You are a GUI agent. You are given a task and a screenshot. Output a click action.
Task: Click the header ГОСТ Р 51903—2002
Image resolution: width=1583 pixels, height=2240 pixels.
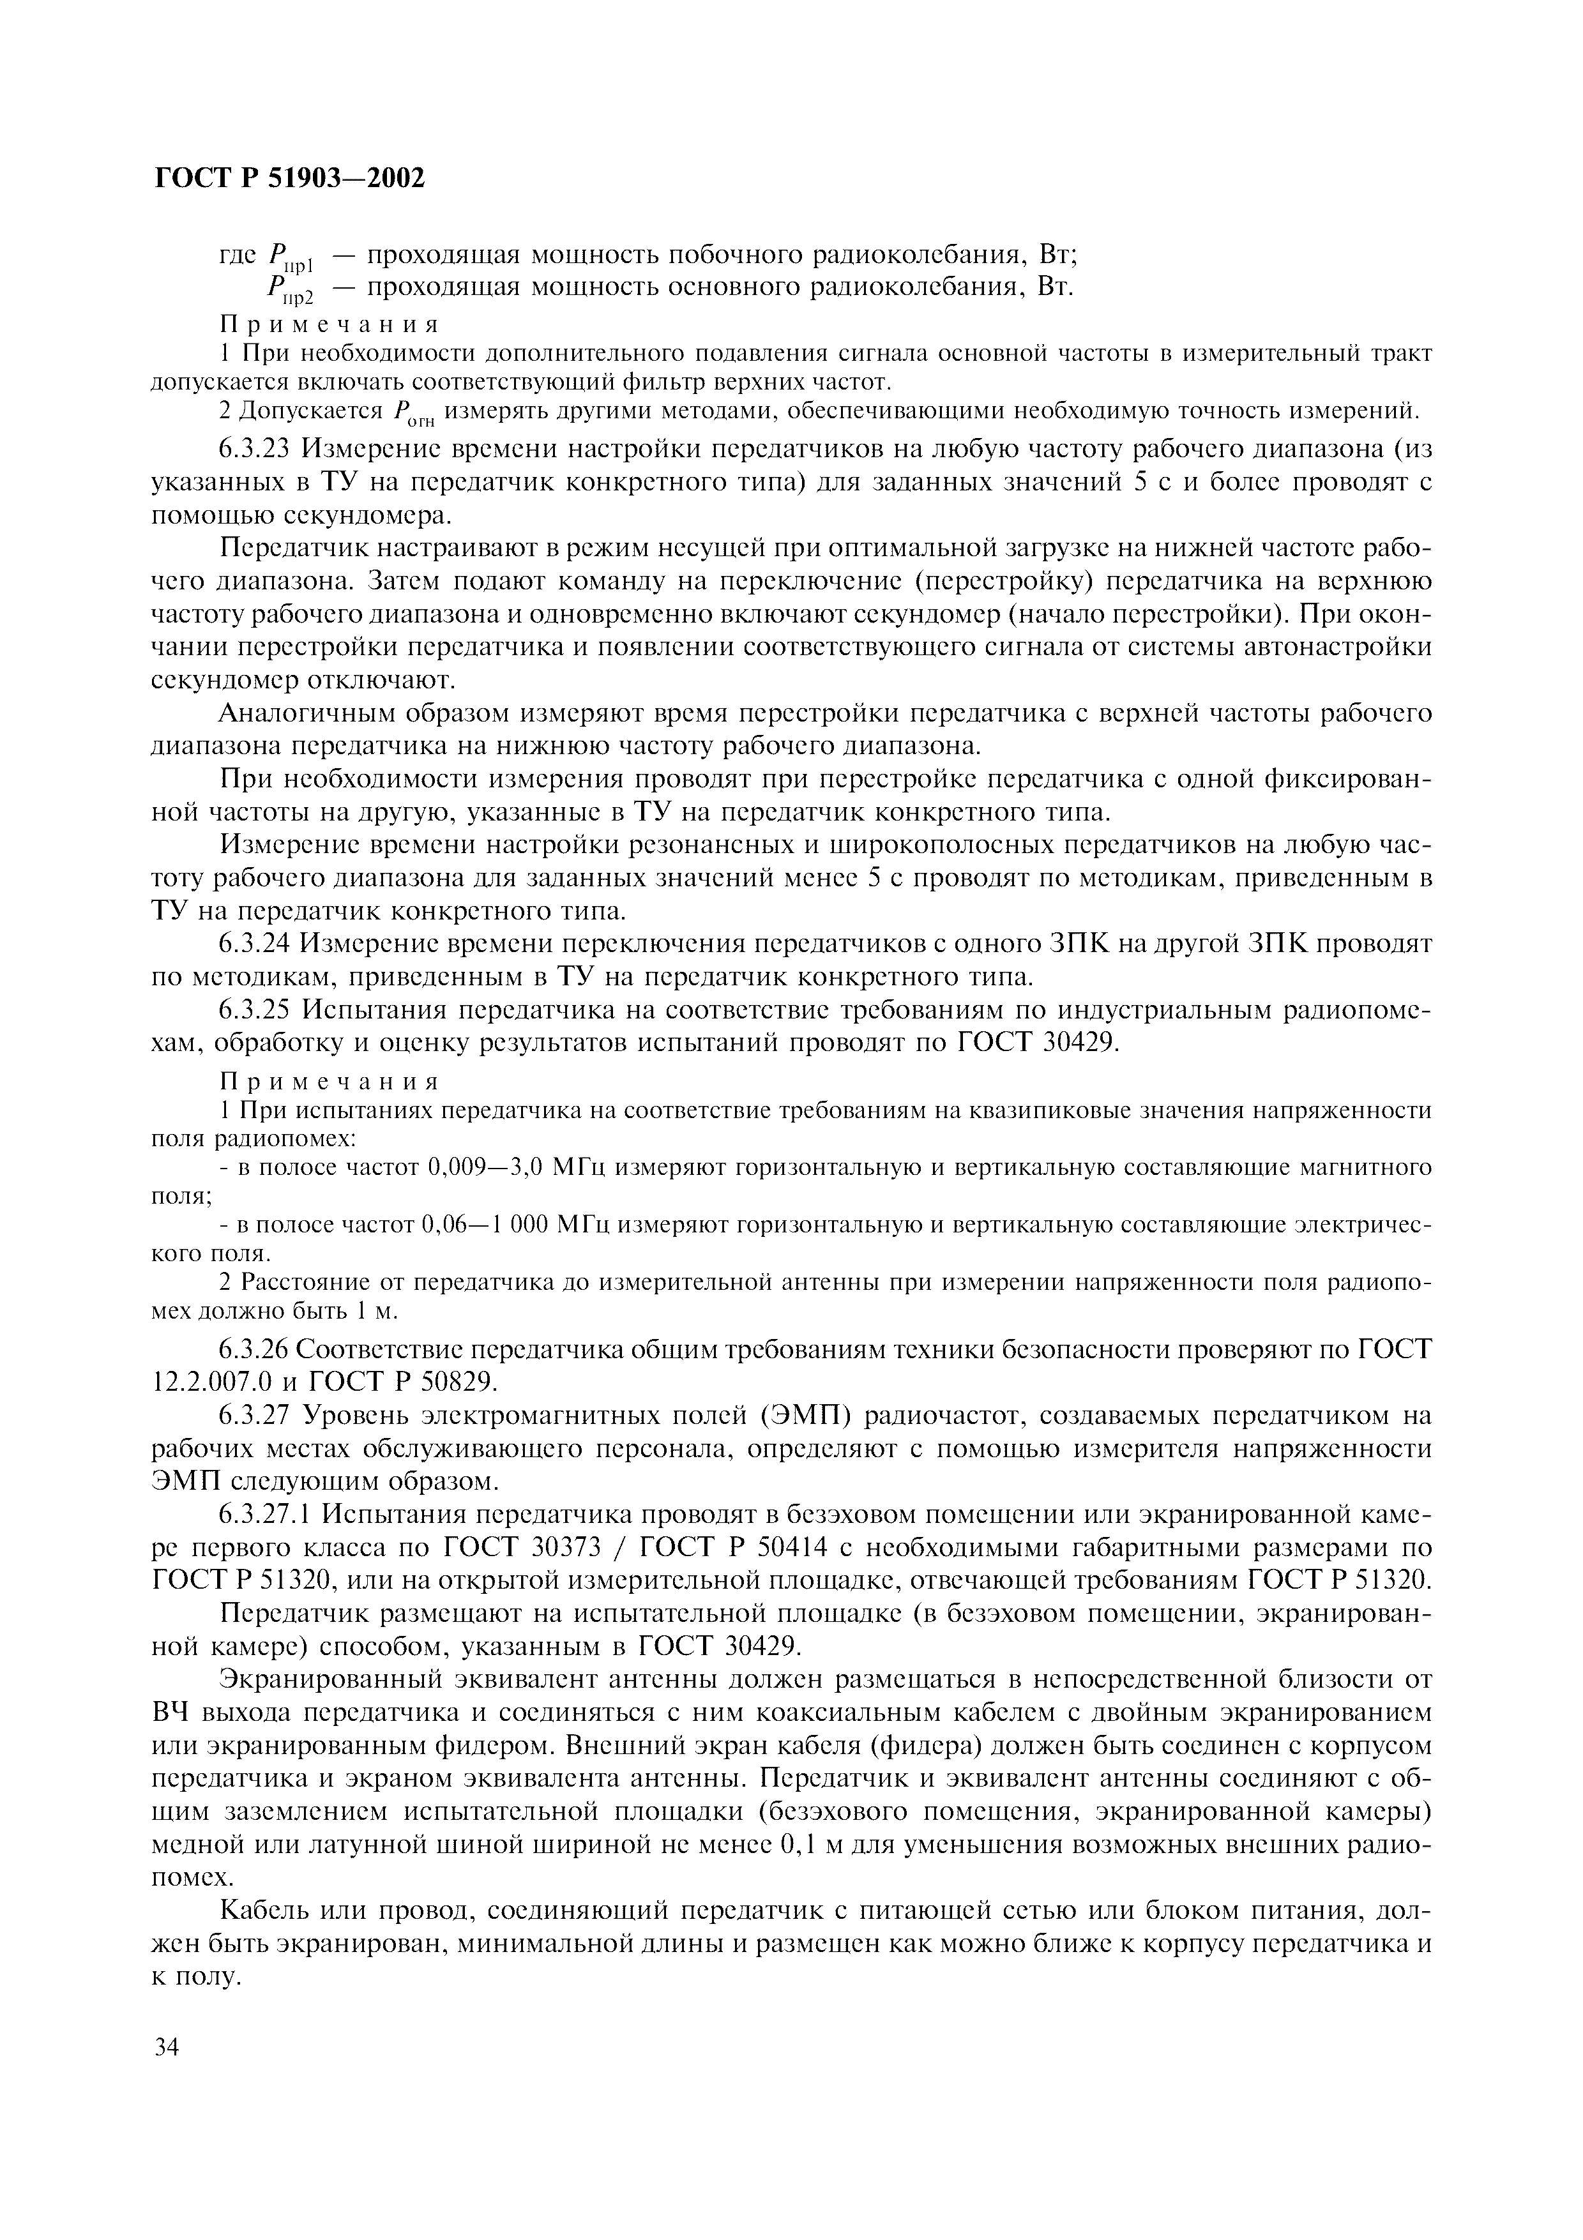pos(290,179)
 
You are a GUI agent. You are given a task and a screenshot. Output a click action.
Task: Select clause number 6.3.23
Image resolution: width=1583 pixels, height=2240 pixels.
pos(255,450)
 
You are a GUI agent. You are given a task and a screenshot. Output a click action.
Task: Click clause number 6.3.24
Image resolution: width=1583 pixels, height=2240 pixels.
pos(255,944)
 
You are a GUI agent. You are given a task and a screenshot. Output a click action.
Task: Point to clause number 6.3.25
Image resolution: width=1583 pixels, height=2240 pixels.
pos(255,1010)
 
